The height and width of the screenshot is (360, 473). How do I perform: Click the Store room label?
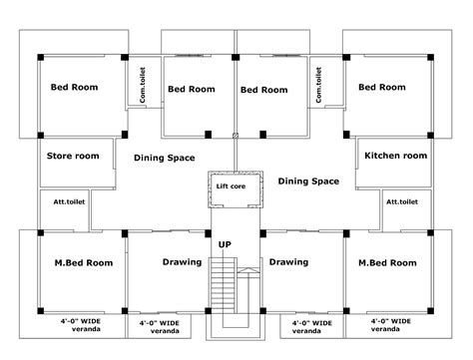[x=73, y=156]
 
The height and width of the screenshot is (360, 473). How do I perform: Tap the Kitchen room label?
[x=396, y=156]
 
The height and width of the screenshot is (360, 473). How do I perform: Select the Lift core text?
[x=231, y=186]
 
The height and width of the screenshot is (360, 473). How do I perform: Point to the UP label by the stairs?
[x=225, y=244]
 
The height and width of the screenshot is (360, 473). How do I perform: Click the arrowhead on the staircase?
[x=247, y=270]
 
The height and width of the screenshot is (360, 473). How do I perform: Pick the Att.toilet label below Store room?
[x=69, y=201]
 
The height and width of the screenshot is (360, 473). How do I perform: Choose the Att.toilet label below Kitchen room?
[x=402, y=201]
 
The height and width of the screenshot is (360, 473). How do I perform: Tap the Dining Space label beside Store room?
[x=165, y=158]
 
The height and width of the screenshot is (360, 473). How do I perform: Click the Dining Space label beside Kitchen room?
[x=308, y=181]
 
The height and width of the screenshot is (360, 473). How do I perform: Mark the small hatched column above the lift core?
[x=236, y=135]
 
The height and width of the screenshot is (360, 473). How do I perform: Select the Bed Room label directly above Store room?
[x=75, y=87]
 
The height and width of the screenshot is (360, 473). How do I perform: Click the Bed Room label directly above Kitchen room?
[x=382, y=87]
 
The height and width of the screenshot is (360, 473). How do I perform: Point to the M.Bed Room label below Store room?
[x=84, y=263]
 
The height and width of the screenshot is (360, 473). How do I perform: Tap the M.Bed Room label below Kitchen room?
[x=387, y=263]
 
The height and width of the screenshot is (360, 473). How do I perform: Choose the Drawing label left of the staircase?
[x=182, y=262]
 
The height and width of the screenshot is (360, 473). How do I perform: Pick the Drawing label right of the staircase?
[x=288, y=262]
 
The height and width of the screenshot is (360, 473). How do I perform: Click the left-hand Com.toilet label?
[x=143, y=85]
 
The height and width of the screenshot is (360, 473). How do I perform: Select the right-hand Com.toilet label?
[x=318, y=85]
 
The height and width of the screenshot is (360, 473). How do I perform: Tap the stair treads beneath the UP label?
[x=224, y=285]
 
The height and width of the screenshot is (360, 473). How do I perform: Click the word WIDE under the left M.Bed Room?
[x=91, y=321]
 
